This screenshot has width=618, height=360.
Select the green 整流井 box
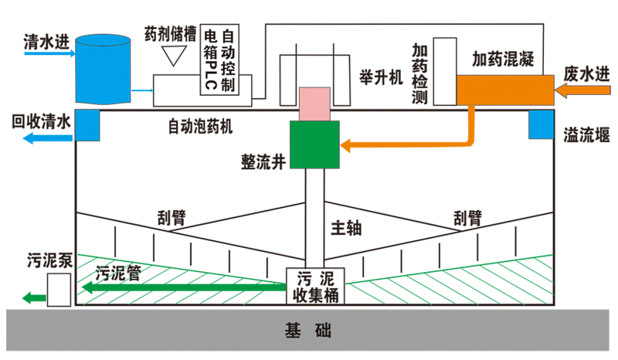[314, 144]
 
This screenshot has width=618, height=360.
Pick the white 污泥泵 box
[59, 290]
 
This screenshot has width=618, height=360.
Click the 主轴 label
[347, 229]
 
